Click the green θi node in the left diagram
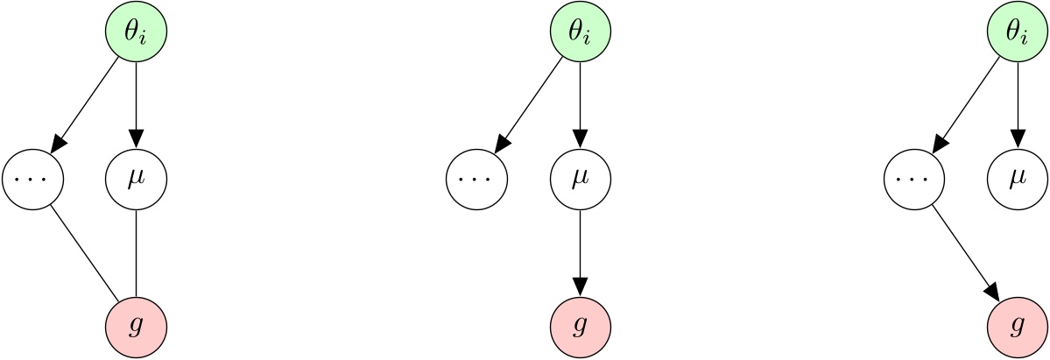pyautogui.click(x=136, y=32)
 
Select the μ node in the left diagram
pyautogui.click(x=136, y=180)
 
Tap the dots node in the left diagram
pyautogui.click(x=33, y=180)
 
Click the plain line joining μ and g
pyautogui.click(x=136, y=254)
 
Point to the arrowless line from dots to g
pyautogui.click(x=84, y=253)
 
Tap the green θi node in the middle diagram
pyautogui.click(x=580, y=32)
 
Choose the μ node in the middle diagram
pyautogui.click(x=580, y=180)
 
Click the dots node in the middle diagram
pyautogui.click(x=477, y=180)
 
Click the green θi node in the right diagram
pyautogui.click(x=1018, y=32)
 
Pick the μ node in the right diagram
pyautogui.click(x=1018, y=180)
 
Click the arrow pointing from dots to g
pyautogui.click(x=966, y=253)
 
